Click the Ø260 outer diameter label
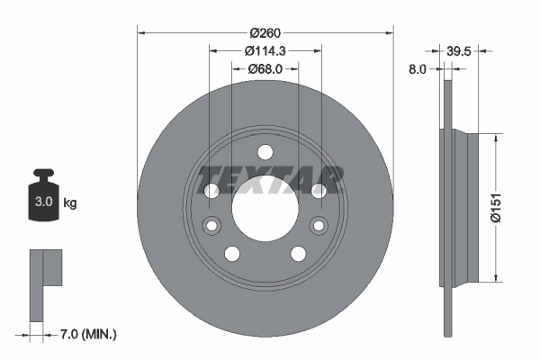265,33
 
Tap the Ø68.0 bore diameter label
265,67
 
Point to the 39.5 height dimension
460,50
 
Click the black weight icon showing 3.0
43,198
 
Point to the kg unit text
70,203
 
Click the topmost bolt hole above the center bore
265,153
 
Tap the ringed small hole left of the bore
212,225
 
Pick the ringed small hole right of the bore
317,225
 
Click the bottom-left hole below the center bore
232,253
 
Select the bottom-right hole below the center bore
298,253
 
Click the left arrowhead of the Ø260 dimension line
140,33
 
